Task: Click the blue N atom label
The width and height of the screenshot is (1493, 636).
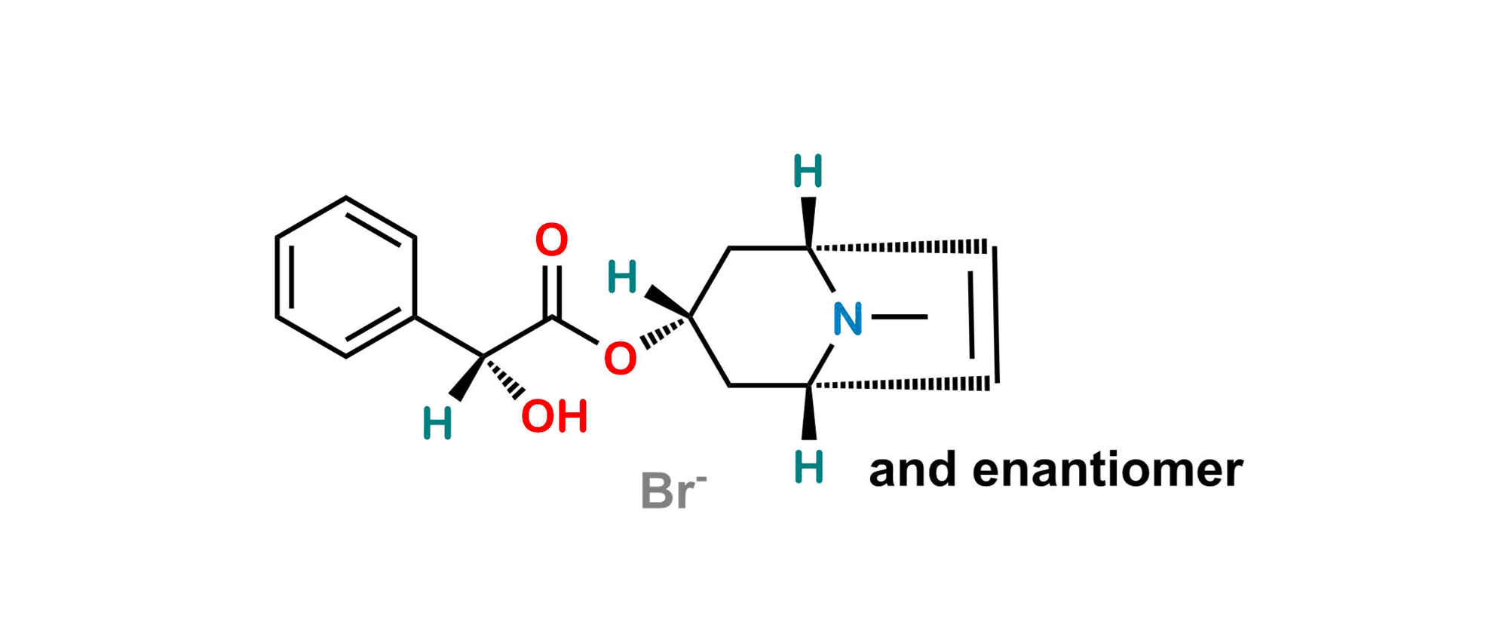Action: (848, 320)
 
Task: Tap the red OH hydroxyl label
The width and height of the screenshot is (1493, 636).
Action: (555, 416)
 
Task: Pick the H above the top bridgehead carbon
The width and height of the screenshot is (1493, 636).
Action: (808, 171)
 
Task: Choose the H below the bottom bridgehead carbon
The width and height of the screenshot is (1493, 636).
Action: (811, 467)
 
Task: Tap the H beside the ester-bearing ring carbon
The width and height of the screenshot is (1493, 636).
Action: (624, 277)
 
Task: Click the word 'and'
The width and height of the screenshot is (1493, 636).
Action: (913, 471)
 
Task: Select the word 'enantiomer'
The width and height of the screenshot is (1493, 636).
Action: (1107, 471)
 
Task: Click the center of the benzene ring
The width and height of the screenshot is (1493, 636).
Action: (345, 276)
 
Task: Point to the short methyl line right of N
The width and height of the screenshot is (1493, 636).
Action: (900, 319)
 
